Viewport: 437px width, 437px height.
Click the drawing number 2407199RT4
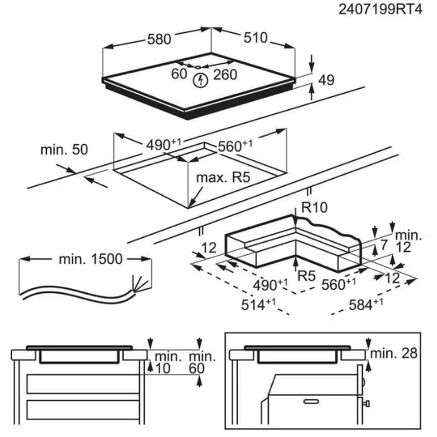click(381, 10)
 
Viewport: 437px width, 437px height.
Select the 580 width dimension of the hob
click(159, 39)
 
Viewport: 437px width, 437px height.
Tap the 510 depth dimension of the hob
click(255, 38)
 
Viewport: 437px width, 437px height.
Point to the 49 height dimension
click(325, 80)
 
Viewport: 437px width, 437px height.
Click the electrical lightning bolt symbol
click(200, 80)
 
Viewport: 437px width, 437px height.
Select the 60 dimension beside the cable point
click(179, 74)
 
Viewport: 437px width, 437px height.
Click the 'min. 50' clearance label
click(64, 149)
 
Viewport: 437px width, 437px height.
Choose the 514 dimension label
click(258, 304)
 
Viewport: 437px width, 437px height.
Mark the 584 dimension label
click(364, 304)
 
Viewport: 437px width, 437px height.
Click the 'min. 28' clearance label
click(393, 353)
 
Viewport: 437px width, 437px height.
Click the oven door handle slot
click(311, 400)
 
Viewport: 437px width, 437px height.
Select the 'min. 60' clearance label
click(201, 362)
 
